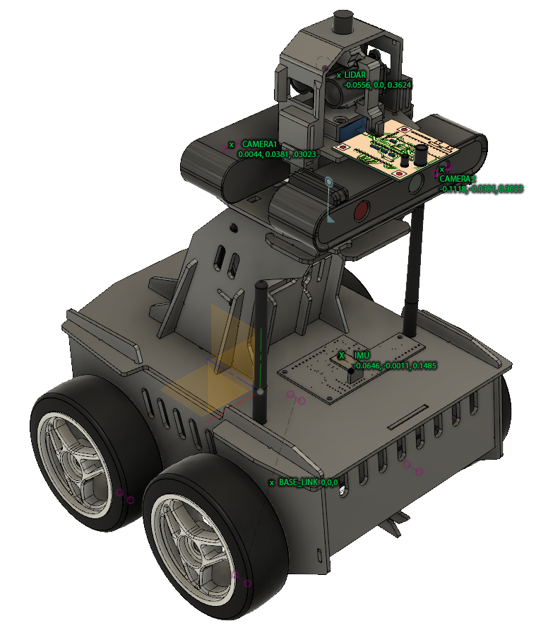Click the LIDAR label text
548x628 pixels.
355,75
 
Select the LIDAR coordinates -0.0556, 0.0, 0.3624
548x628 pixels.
378,85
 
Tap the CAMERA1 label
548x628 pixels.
259,144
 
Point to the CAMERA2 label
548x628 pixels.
457,179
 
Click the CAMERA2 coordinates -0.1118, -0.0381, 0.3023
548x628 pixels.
481,189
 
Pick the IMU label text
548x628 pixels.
362,355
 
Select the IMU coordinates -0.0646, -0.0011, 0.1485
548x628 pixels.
395,365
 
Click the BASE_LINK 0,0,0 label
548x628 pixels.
308,482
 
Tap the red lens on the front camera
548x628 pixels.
361,210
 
